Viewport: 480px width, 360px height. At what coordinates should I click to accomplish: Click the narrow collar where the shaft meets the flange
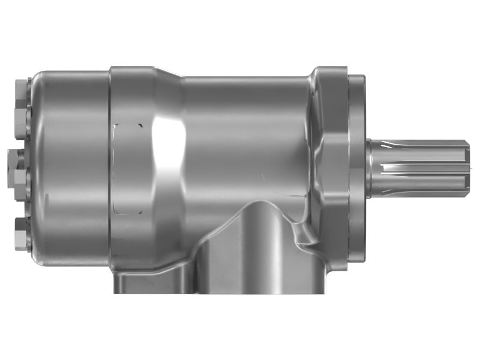(370, 168)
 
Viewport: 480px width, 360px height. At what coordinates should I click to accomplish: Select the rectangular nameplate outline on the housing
(128, 169)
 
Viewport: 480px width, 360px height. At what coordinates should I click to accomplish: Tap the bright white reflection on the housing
(167, 144)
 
